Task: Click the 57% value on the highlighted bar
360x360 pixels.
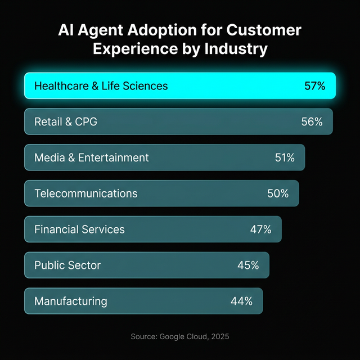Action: [314, 86]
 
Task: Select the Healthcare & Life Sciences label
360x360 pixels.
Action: [101, 86]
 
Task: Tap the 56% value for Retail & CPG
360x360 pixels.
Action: [312, 121]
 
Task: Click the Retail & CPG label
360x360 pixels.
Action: [66, 121]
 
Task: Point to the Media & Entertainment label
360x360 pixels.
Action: [92, 157]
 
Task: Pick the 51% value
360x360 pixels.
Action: [285, 157]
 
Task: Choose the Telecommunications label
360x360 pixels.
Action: [85, 193]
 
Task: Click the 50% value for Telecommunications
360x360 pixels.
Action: [278, 193]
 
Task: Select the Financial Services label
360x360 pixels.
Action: [79, 229]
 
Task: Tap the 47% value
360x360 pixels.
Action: [260, 229]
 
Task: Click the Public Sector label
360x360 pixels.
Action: [67, 265]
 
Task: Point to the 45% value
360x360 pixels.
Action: [248, 265]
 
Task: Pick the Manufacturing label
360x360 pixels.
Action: [70, 301]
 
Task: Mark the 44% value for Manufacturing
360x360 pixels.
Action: [241, 301]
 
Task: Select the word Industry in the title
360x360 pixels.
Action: [236, 49]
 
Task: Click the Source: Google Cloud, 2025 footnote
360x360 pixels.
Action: [180, 336]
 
